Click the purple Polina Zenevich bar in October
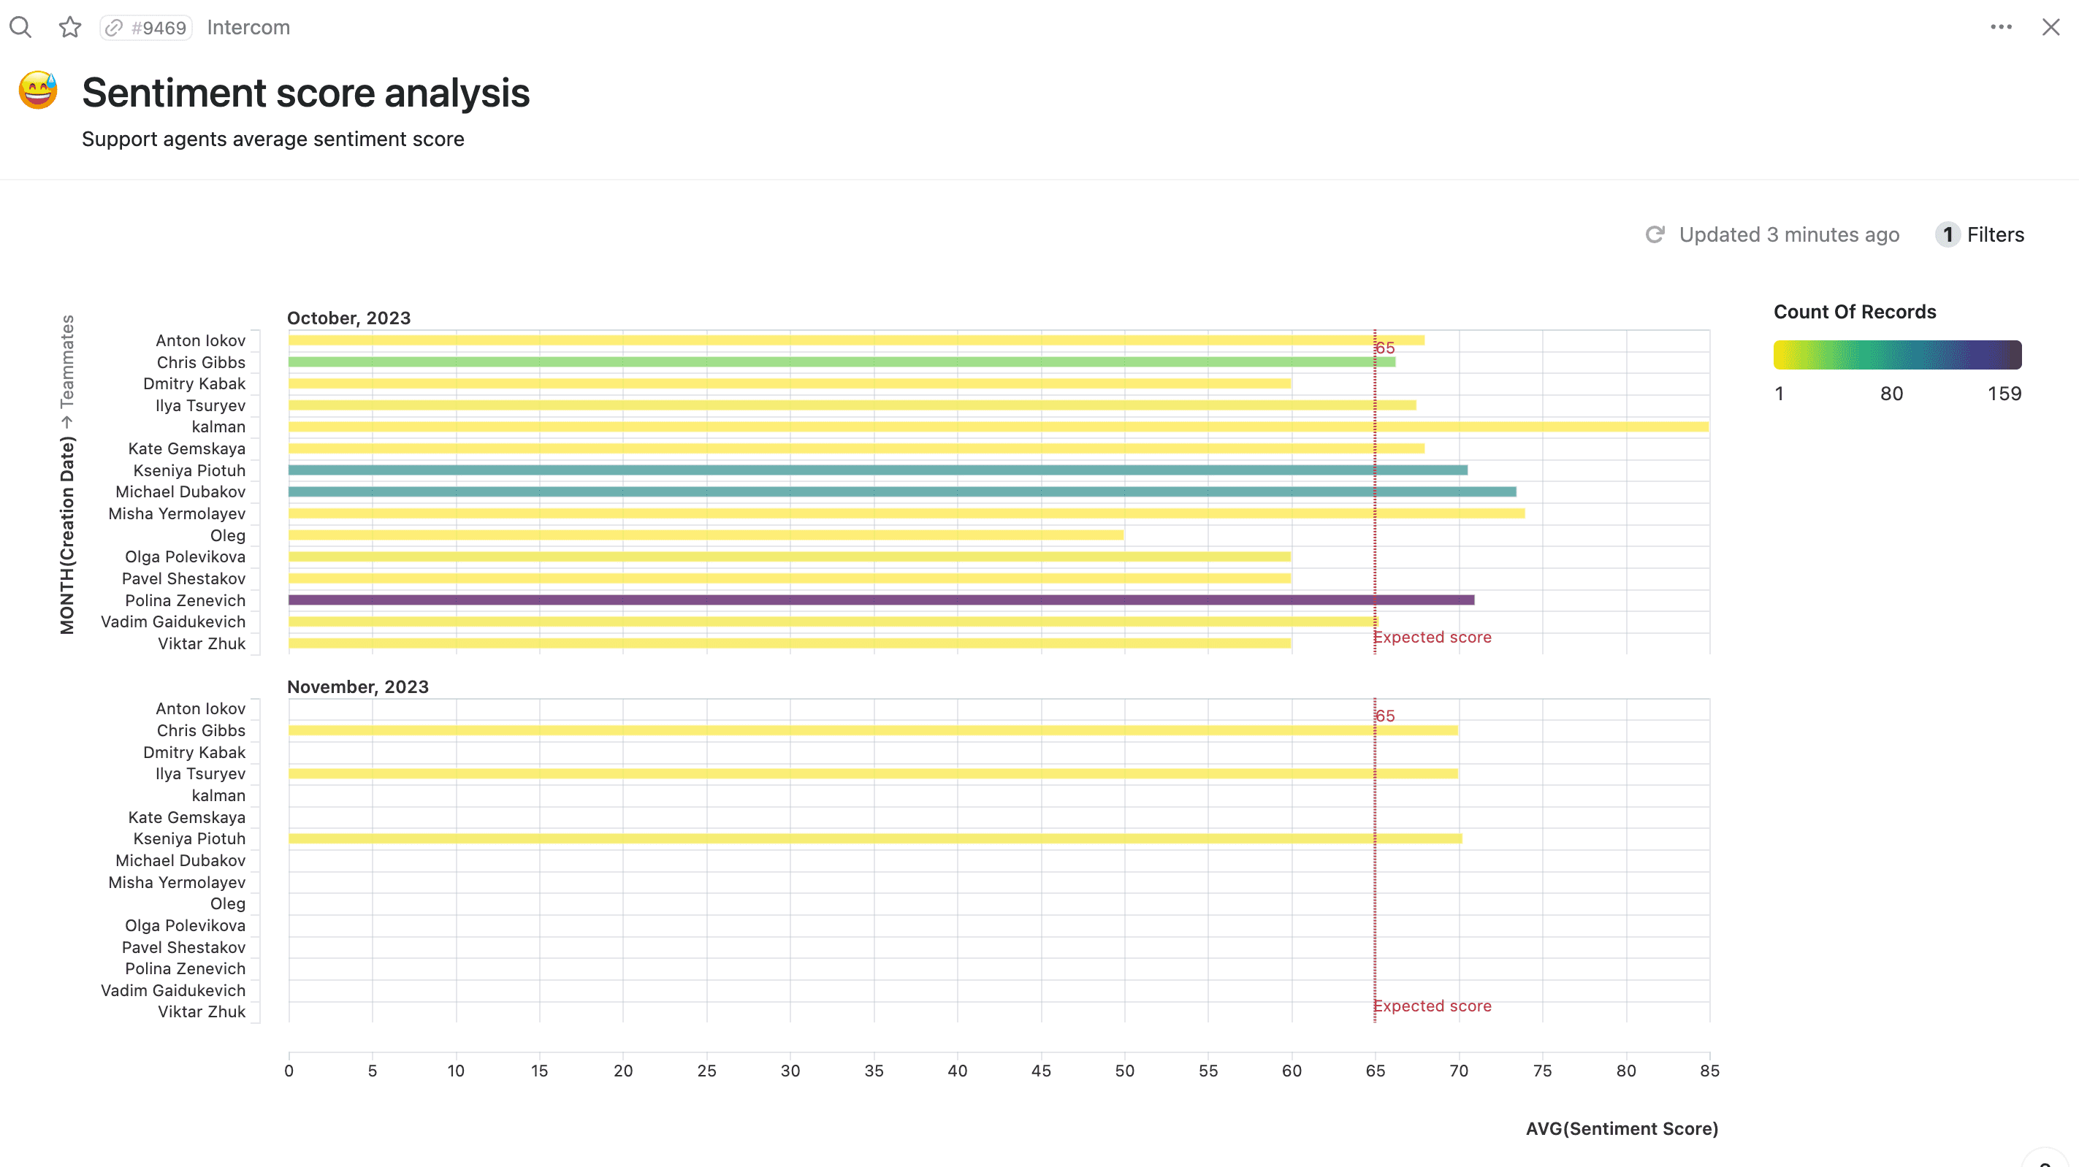(880, 600)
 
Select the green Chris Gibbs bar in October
(839, 361)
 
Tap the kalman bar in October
(998, 426)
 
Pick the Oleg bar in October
(705, 535)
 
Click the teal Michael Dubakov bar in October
(901, 491)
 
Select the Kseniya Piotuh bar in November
(874, 838)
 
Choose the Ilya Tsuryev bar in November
(871, 773)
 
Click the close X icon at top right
(2050, 28)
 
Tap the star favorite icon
(70, 28)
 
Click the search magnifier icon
(20, 28)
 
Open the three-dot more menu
(2001, 28)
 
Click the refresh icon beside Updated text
(1655, 235)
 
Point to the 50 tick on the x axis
(1124, 1070)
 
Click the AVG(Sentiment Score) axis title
(1622, 1128)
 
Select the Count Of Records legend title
(1854, 312)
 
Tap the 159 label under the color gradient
(2003, 394)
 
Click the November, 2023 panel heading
(357, 686)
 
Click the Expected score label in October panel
(1433, 637)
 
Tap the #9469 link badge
(146, 28)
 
